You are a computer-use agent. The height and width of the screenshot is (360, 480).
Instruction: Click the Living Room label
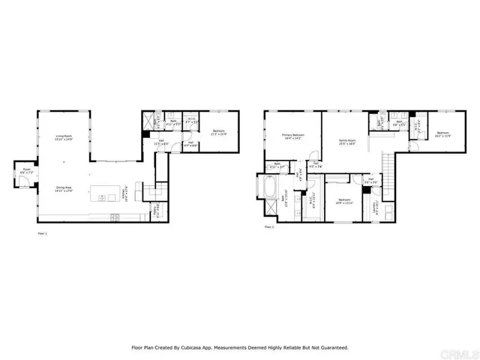[63, 138]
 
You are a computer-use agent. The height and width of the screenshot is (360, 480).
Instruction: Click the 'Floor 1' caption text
[42, 234]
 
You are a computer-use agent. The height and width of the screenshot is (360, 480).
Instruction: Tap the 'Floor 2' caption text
[268, 226]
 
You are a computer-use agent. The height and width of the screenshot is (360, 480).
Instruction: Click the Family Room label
[346, 142]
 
